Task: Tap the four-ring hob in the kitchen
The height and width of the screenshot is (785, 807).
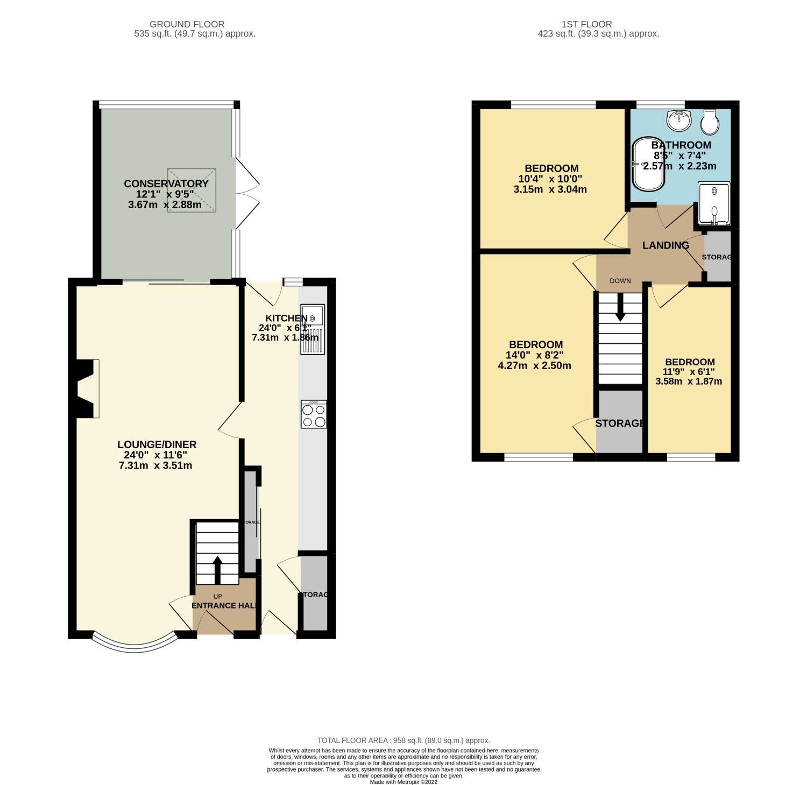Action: point(314,414)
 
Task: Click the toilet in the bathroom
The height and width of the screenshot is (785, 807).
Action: point(710,123)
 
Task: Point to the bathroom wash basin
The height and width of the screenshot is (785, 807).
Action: point(679,120)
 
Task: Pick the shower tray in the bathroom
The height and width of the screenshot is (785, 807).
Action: point(714,203)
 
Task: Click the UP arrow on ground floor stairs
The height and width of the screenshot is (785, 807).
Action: point(217,569)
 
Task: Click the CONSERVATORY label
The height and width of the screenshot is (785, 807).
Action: point(166,183)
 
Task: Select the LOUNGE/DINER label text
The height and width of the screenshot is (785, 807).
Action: point(157,444)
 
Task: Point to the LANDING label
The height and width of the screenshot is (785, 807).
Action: point(666,245)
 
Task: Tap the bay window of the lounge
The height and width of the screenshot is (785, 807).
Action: point(134,641)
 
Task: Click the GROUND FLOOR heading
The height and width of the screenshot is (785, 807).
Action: point(187,24)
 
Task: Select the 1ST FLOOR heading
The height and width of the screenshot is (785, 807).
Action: point(586,24)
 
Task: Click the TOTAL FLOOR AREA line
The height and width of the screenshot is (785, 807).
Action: point(403,740)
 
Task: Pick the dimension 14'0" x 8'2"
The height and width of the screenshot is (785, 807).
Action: point(535,355)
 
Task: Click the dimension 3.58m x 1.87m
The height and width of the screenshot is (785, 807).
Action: point(689,381)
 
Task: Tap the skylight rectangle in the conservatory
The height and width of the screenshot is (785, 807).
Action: point(192,190)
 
